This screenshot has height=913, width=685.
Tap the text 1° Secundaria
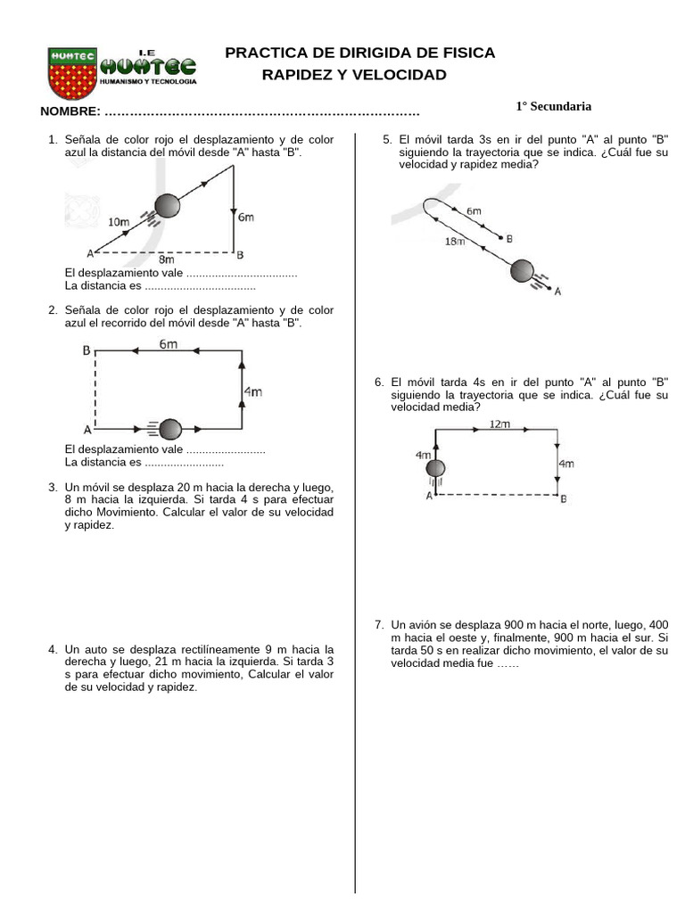[553, 106]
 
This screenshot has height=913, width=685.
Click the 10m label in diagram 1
[119, 221]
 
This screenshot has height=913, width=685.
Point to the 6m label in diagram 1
[246, 217]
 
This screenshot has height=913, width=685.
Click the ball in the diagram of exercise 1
[167, 207]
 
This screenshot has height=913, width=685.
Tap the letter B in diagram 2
[87, 351]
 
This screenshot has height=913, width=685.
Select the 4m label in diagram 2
[254, 391]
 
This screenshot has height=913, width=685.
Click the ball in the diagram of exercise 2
[170, 429]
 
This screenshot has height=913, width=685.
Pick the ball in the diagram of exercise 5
[523, 271]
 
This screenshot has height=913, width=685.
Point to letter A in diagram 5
[557, 291]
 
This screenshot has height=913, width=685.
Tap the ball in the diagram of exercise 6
[435, 469]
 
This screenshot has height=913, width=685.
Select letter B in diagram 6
[562, 499]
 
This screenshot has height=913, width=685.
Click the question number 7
[379, 625]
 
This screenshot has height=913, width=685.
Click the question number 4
[53, 649]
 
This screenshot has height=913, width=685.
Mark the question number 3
[53, 488]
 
